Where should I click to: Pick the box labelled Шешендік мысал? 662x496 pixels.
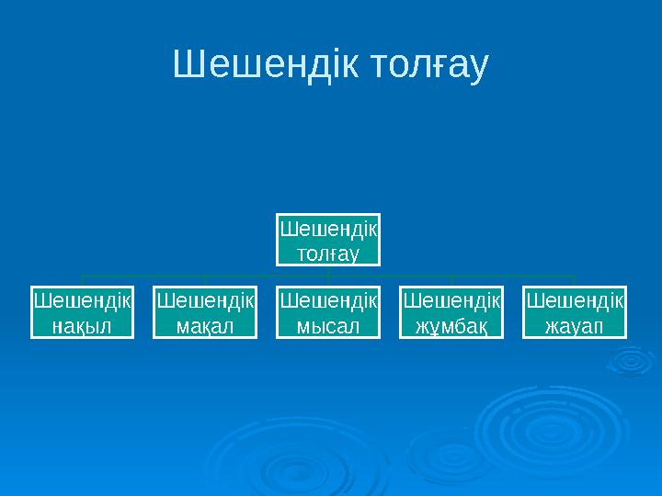[329, 313]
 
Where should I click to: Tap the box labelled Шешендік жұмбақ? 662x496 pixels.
[451, 313]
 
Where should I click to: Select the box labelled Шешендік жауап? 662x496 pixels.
[575, 313]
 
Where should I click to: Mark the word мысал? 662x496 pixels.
[329, 325]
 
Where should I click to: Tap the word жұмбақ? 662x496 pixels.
[451, 326]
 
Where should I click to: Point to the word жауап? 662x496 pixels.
[575, 325]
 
